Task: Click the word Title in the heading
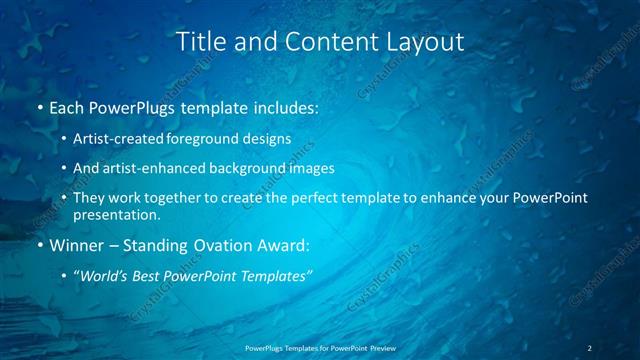tap(200, 41)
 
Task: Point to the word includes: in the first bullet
tap(284, 107)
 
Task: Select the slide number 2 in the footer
tap(590, 347)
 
